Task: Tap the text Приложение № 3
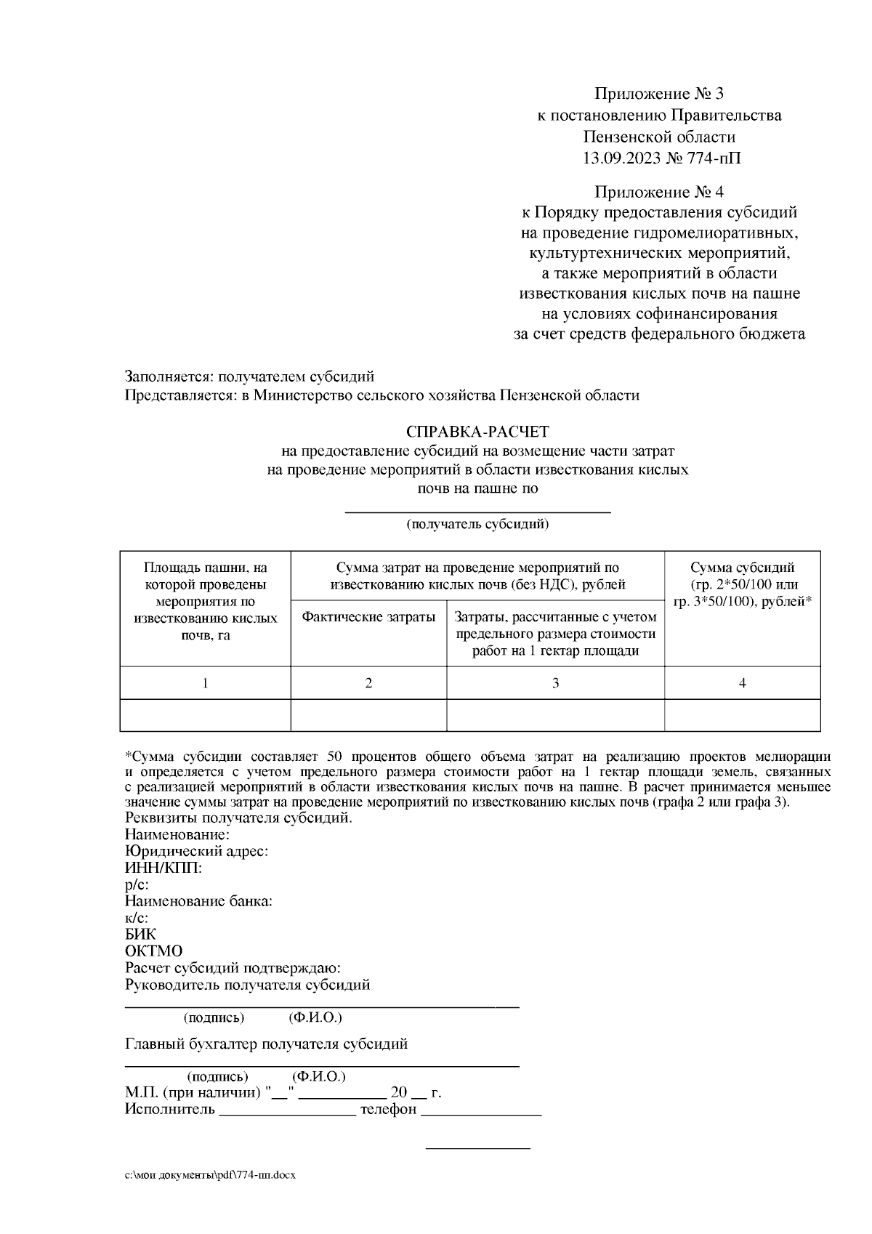pyautogui.click(x=659, y=94)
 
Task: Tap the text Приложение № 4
pyautogui.click(x=659, y=192)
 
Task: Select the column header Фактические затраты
pyautogui.click(x=368, y=617)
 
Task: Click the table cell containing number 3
pyautogui.click(x=555, y=683)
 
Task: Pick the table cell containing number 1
pyautogui.click(x=205, y=683)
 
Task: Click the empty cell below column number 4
pyautogui.click(x=742, y=715)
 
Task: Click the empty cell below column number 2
pyautogui.click(x=368, y=715)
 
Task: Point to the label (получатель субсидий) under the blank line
pyautogui.click(x=477, y=524)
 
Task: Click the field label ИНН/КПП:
pyautogui.click(x=163, y=868)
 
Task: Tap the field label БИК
pyautogui.click(x=140, y=935)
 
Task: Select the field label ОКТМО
pyautogui.click(x=153, y=951)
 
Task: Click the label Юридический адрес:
pyautogui.click(x=196, y=851)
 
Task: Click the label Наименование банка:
pyautogui.click(x=198, y=901)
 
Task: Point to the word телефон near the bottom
pyautogui.click(x=388, y=1109)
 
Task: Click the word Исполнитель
pyautogui.click(x=170, y=1109)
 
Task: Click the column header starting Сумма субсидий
pyautogui.click(x=742, y=584)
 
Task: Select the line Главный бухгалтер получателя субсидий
pyautogui.click(x=266, y=1044)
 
